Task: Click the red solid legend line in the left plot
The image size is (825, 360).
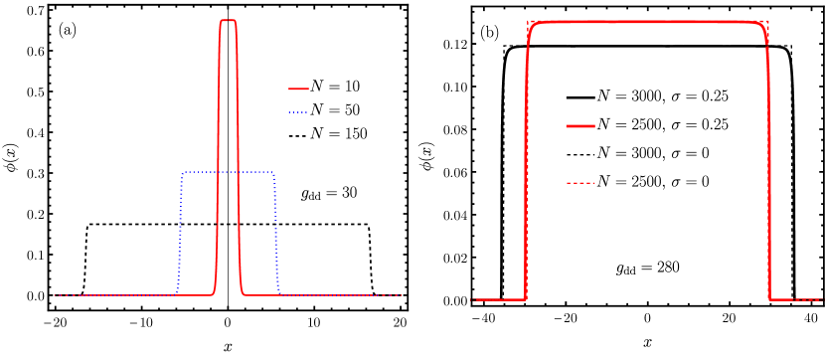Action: tap(298, 89)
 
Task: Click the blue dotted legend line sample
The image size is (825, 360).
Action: tap(298, 112)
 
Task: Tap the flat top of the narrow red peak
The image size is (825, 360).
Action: tap(228, 20)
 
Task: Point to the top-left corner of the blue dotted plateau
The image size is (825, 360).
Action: tap(183, 172)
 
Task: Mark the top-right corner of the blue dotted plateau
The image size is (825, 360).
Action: tap(273, 172)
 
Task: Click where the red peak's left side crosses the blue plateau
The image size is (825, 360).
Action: tap(218, 172)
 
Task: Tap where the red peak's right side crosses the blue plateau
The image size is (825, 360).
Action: tap(239, 172)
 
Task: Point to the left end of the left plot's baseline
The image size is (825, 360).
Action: tap(55, 295)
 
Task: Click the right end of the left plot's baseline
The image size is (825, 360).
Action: tap(400, 295)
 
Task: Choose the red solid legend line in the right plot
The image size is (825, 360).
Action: tap(580, 126)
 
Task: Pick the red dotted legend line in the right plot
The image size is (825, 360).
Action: tap(580, 183)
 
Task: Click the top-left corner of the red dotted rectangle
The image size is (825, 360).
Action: tap(528, 20)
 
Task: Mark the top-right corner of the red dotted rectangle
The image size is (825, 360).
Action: tap(768, 20)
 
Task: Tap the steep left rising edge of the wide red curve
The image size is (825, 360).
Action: tap(527, 159)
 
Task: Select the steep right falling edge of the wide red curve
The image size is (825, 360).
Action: tap(768, 159)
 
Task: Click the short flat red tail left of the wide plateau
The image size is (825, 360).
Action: tap(497, 299)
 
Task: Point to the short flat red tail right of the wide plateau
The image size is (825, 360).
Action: tap(795, 299)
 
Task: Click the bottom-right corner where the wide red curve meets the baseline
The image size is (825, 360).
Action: tap(769, 299)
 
